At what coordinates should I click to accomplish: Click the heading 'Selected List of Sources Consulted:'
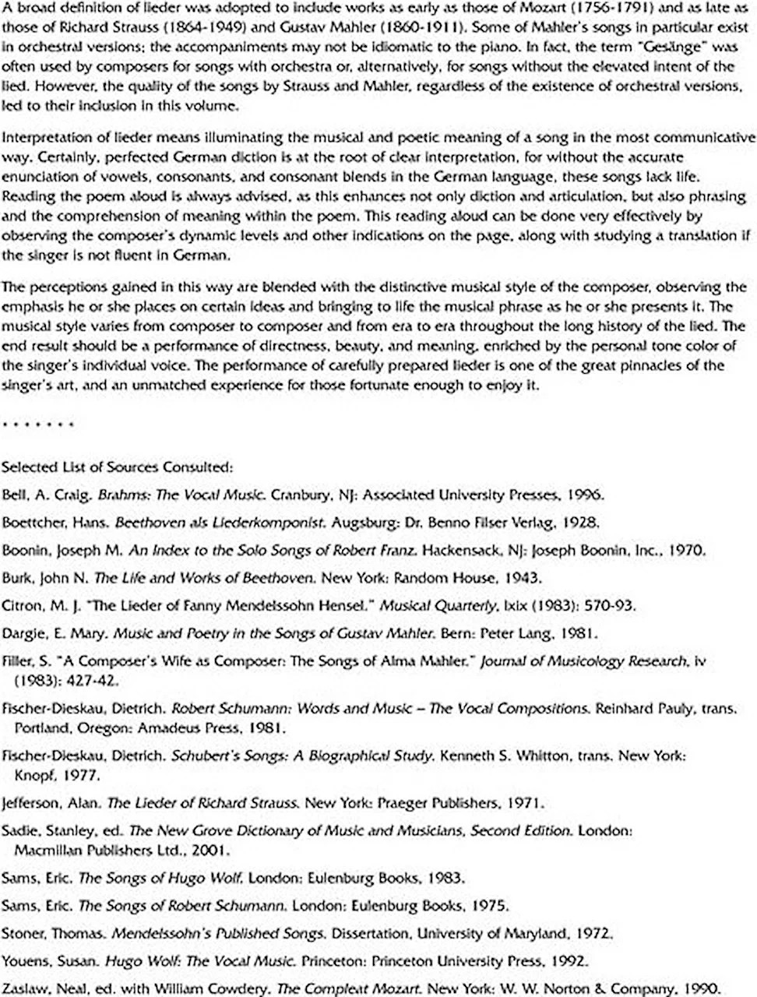(x=117, y=467)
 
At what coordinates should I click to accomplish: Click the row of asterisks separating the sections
(x=38, y=425)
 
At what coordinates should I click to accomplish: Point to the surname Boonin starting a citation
(x=26, y=551)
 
